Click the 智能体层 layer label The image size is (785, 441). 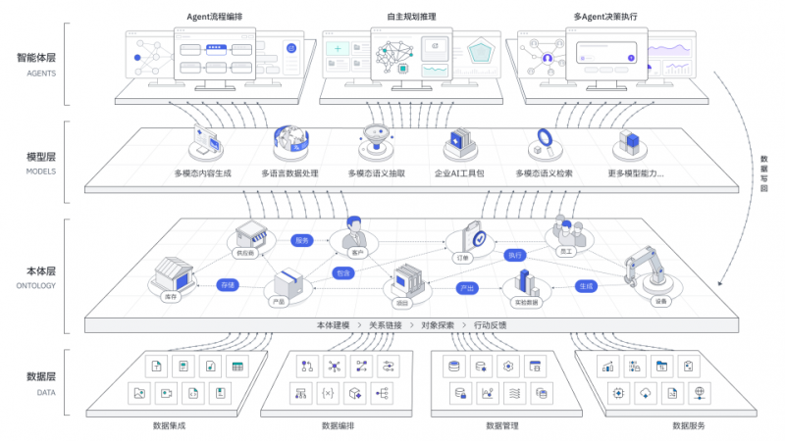pyautogui.click(x=35, y=58)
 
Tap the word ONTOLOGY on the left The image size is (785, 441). pyautogui.click(x=35, y=286)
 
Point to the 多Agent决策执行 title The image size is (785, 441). pyautogui.click(x=604, y=17)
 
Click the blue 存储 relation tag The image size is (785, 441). pyautogui.click(x=228, y=285)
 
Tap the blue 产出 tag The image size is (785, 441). pyautogui.click(x=467, y=288)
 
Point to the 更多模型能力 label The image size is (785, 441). pyautogui.click(x=636, y=173)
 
